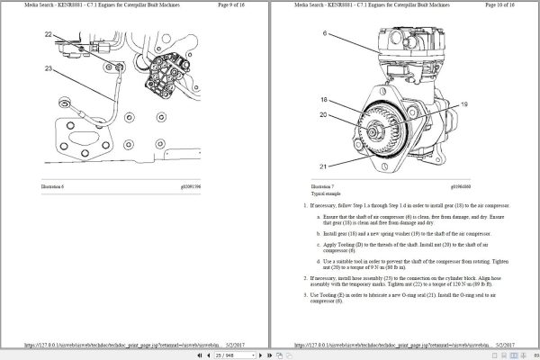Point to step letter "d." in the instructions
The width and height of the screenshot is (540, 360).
click(x=319, y=262)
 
